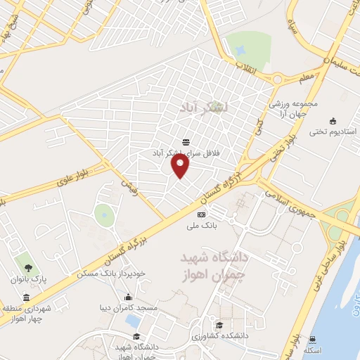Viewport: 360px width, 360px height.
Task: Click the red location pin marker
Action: click(181, 166)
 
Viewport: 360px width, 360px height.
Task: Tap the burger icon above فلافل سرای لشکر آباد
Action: click(185, 142)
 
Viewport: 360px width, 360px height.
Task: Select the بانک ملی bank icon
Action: click(202, 214)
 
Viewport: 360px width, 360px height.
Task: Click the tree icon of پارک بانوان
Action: click(29, 267)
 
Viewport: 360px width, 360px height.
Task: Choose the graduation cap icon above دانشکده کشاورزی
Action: click(219, 325)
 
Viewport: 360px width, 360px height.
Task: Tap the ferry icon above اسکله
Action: click(312, 338)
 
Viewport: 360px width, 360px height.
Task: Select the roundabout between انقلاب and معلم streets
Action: click(278, 78)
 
